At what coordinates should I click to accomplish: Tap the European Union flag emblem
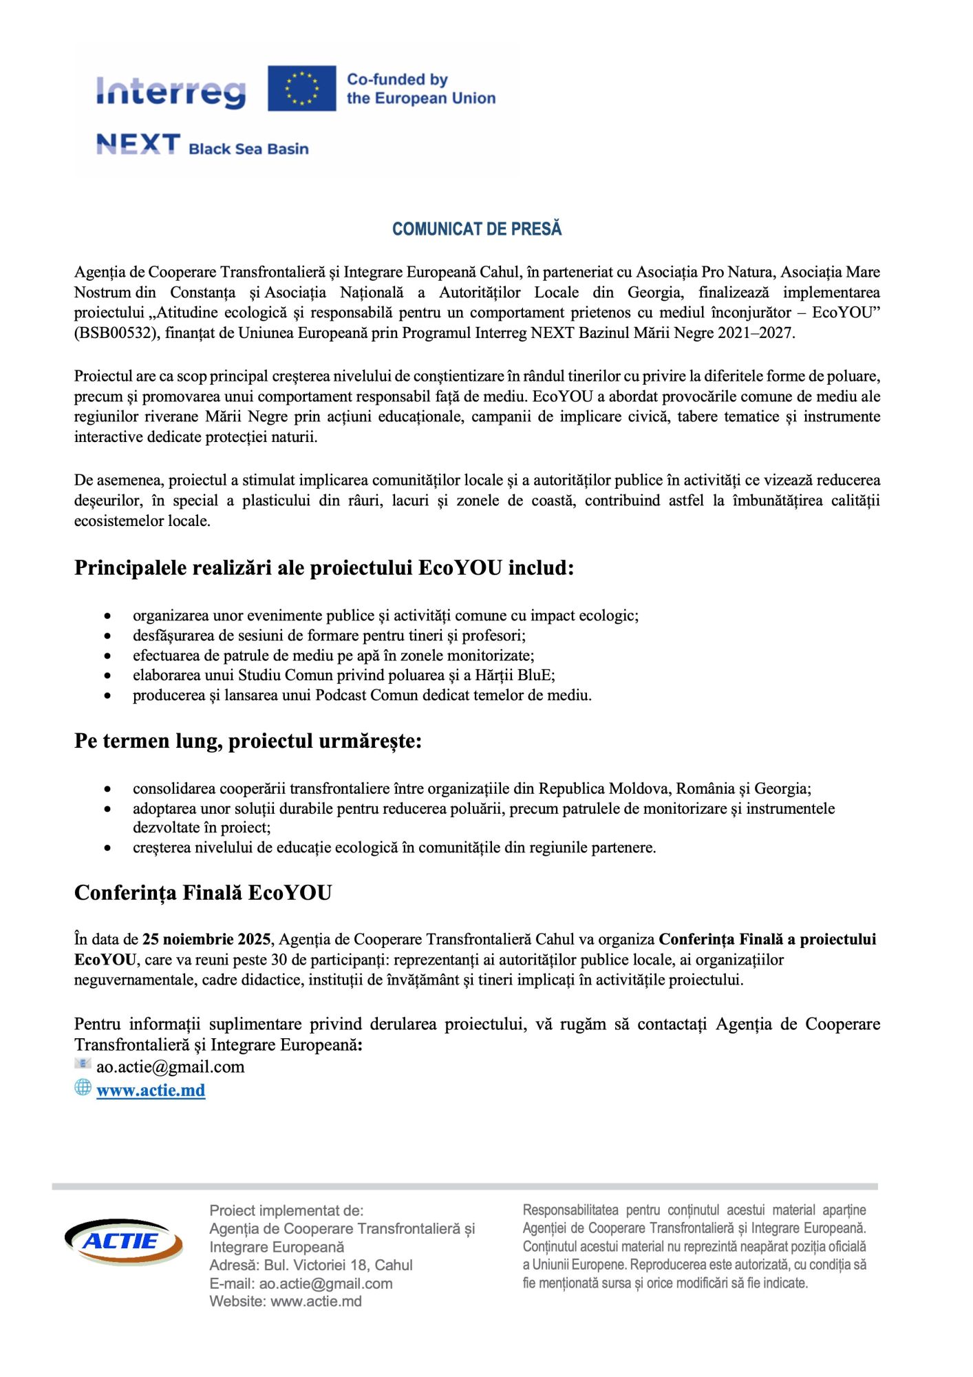point(301,88)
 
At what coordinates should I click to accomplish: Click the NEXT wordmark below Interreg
point(138,145)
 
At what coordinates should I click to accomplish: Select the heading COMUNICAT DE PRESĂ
point(477,229)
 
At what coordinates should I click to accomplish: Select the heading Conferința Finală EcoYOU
point(203,893)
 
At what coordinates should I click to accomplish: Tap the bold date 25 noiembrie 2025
point(206,939)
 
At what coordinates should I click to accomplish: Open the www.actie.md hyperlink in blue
point(151,1090)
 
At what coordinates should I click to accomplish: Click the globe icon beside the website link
point(83,1087)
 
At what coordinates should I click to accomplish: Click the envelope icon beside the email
point(83,1064)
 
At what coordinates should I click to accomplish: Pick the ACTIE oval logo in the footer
point(124,1241)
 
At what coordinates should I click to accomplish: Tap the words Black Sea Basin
point(248,149)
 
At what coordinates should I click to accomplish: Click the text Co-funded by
point(397,80)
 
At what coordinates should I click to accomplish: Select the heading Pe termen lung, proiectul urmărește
point(248,742)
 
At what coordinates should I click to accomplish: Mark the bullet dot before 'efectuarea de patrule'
point(107,656)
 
